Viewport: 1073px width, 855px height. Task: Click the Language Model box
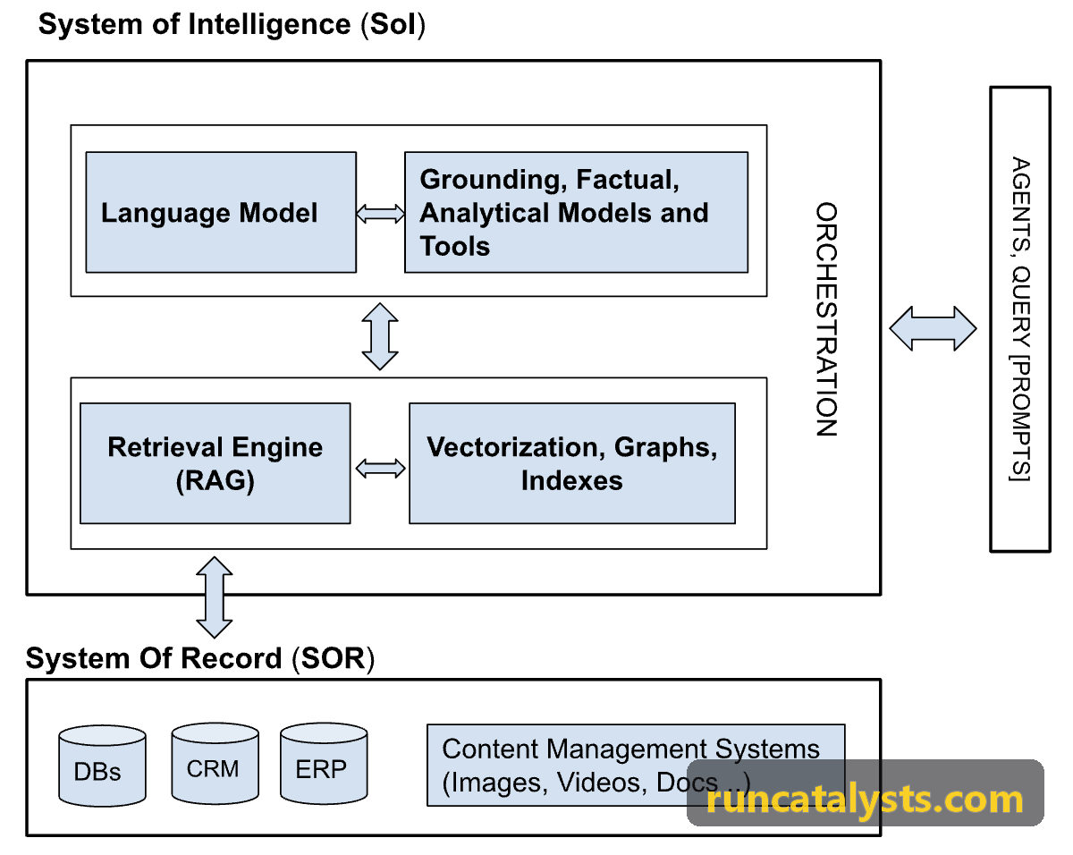point(221,212)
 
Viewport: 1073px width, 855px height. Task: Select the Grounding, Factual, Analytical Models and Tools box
point(576,212)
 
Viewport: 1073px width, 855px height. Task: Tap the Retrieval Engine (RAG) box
point(215,463)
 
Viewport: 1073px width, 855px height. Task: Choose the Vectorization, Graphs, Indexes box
point(572,463)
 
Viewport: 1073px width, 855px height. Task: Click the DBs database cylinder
point(102,766)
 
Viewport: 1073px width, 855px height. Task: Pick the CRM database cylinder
point(215,764)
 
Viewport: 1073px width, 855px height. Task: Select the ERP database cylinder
point(324,764)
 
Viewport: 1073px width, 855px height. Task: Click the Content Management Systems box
point(636,766)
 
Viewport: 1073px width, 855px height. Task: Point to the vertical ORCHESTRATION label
point(826,319)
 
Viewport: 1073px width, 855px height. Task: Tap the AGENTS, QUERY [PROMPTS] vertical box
point(1020,319)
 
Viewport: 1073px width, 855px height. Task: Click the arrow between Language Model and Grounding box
point(380,214)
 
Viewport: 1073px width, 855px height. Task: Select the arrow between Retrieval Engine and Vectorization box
point(380,469)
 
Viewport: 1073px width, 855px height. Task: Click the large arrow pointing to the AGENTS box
point(933,329)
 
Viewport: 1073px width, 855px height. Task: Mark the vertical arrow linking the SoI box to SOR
point(215,597)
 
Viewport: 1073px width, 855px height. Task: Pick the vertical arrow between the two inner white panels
point(380,336)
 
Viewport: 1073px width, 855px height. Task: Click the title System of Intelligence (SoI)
point(232,24)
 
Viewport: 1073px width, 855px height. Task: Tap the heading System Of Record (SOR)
point(200,658)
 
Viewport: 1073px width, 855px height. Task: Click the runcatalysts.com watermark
point(865,800)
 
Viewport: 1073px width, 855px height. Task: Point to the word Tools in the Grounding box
point(455,247)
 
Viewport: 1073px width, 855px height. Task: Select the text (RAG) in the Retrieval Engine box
point(215,481)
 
